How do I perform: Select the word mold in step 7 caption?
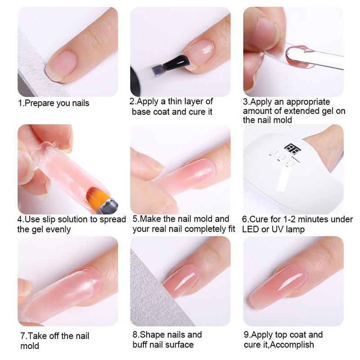pyautogui.click(x=30, y=346)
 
